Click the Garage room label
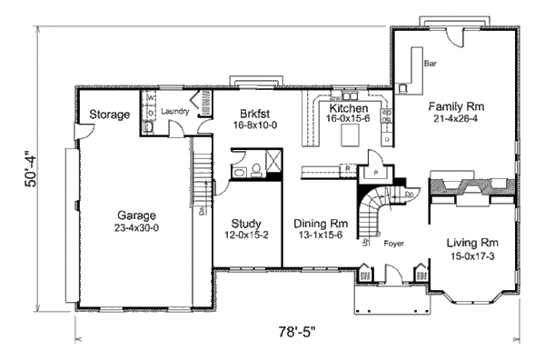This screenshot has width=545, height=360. click(x=133, y=215)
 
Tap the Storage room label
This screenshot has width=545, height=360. click(x=108, y=115)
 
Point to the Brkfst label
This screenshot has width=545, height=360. click(x=254, y=112)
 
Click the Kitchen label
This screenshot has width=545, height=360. click(x=348, y=107)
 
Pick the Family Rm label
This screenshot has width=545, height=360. click(x=455, y=105)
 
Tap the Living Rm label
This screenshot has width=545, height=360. click(x=472, y=243)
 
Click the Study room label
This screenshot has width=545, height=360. click(x=246, y=223)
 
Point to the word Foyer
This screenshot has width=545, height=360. click(x=392, y=244)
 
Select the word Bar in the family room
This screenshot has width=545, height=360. click(x=432, y=64)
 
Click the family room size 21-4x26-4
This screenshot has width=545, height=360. click(x=455, y=118)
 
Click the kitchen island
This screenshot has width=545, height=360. click(x=350, y=135)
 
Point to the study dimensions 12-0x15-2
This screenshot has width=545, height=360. click(x=246, y=235)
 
